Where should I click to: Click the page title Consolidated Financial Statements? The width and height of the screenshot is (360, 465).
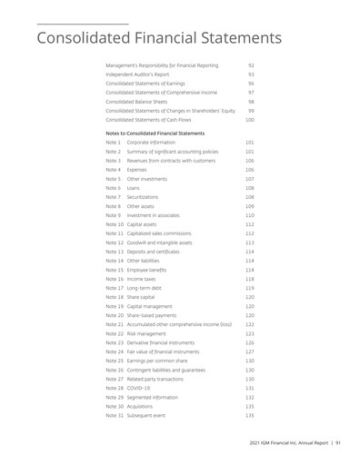pos(157,38)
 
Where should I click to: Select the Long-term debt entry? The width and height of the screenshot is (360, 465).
pos(145,288)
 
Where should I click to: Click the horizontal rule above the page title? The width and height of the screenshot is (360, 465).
pos(82,23)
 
